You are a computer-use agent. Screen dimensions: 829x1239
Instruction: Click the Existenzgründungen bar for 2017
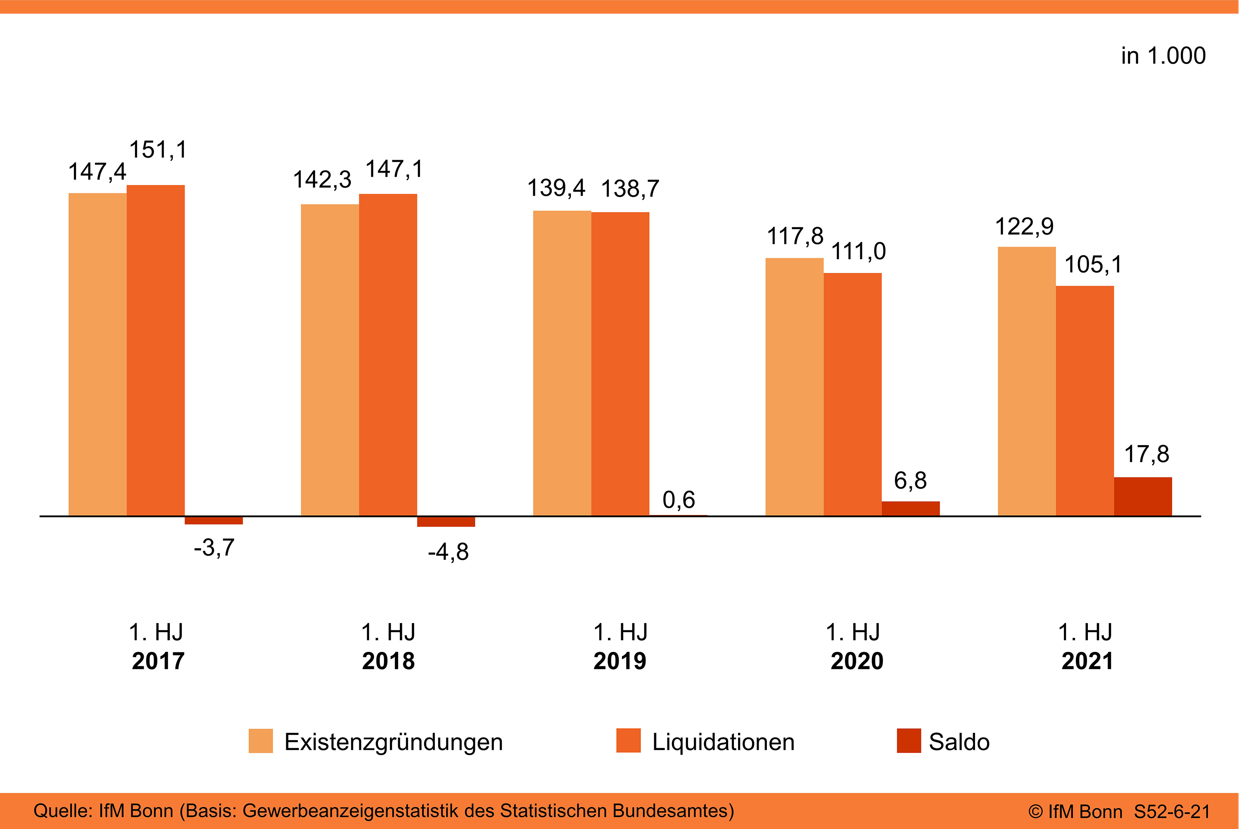click(97, 354)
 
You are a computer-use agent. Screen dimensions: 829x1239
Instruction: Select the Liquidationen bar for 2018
click(388, 354)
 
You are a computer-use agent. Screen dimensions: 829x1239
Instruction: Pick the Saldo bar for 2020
click(910, 508)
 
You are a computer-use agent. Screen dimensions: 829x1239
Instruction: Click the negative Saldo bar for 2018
click(446, 521)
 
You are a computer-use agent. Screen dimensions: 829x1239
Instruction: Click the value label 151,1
click(158, 149)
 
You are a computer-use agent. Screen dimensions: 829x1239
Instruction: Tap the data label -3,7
click(214, 548)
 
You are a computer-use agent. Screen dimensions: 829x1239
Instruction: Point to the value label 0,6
click(679, 500)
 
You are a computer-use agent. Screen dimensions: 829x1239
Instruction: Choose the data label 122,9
click(1024, 227)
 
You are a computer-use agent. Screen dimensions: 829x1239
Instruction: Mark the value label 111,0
click(858, 251)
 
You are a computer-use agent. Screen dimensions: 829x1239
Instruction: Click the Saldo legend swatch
click(909, 741)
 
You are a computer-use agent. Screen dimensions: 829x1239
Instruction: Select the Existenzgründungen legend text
click(394, 742)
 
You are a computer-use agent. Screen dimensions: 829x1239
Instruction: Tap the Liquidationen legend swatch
click(628, 741)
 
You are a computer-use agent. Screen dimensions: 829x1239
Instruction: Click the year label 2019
click(620, 661)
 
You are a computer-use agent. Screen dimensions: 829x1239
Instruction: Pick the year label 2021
click(1087, 661)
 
